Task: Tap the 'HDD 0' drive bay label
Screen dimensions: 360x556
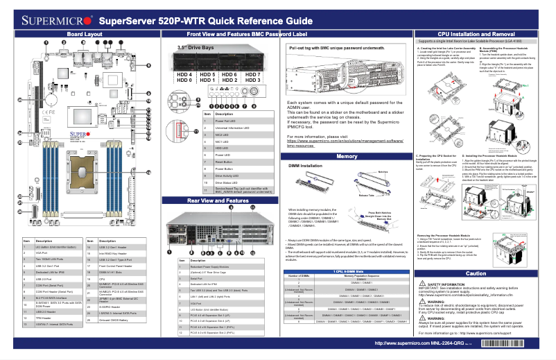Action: (184, 80)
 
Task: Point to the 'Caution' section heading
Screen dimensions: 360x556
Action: (476, 273)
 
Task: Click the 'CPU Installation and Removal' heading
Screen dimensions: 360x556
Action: (476, 33)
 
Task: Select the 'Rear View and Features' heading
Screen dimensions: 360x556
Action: (218, 200)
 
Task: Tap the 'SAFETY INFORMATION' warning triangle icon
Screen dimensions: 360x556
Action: (423, 285)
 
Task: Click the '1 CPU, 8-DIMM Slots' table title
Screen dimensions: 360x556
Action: (346, 271)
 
